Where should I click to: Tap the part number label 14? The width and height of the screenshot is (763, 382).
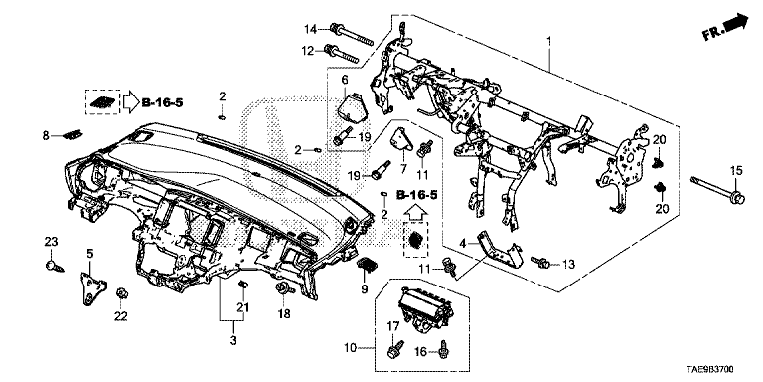311,29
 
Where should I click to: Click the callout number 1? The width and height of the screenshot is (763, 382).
549,42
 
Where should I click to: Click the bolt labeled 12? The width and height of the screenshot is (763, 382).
344,55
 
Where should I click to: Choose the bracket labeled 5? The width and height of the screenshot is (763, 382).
90,288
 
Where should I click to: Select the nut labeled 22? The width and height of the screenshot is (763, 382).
120,293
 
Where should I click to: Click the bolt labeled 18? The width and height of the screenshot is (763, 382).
284,289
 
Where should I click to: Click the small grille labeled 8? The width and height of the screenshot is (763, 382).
73,135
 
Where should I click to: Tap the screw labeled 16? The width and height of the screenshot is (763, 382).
444,349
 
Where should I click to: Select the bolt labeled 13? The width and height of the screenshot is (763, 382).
540,263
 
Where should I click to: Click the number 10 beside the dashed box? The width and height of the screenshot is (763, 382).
350,348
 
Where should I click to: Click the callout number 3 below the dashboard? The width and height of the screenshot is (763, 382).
233,340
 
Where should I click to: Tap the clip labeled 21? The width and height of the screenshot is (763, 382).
241,285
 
